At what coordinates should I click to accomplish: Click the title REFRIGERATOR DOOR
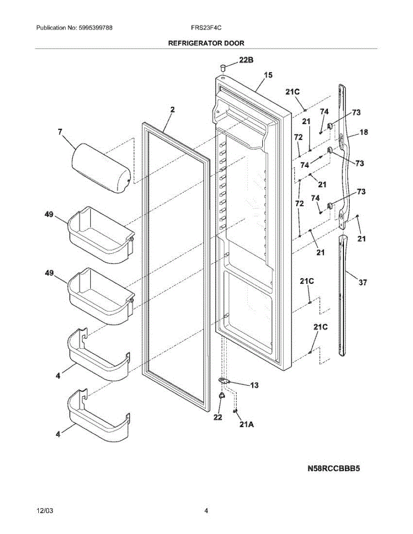[206, 43]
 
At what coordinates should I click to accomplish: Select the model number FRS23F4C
[206, 28]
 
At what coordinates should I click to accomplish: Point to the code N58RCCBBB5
[333, 468]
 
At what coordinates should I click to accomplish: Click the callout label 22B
[246, 60]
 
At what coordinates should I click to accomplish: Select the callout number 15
[268, 75]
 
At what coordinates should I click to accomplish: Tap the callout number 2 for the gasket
[172, 109]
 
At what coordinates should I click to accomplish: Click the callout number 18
[364, 132]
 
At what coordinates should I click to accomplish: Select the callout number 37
[363, 282]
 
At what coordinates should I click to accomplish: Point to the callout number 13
[254, 385]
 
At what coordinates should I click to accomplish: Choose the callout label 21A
[246, 425]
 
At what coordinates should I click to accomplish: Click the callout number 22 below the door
[217, 417]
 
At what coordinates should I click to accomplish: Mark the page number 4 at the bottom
[206, 511]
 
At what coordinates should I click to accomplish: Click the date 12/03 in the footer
[43, 511]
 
